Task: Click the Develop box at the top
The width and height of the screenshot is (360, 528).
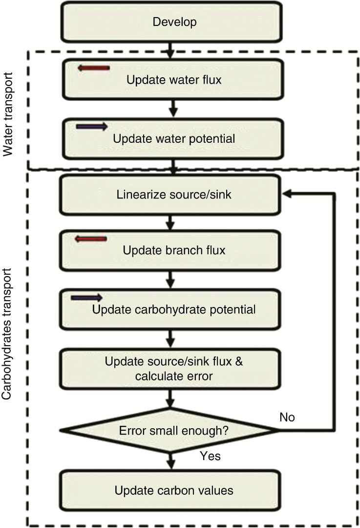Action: tap(172, 22)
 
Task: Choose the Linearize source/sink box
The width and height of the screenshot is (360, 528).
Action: tap(170, 195)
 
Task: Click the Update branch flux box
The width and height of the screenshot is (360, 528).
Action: tap(170, 251)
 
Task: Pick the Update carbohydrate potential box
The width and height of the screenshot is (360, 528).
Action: tap(170, 309)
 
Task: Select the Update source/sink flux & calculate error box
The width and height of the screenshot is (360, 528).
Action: tap(170, 369)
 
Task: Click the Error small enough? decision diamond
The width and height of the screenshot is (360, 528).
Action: tap(169, 431)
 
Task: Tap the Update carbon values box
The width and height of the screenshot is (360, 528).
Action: tap(170, 490)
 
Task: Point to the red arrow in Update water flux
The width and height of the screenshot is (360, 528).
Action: tap(93, 68)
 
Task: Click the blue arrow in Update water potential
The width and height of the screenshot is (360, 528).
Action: tap(92, 127)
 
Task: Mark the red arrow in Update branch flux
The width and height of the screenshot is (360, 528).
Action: tap(90, 239)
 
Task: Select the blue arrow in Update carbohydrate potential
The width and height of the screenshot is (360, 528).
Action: tap(86, 298)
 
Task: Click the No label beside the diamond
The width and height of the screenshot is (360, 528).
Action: tap(287, 417)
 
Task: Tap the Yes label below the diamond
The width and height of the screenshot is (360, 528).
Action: tap(210, 456)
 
